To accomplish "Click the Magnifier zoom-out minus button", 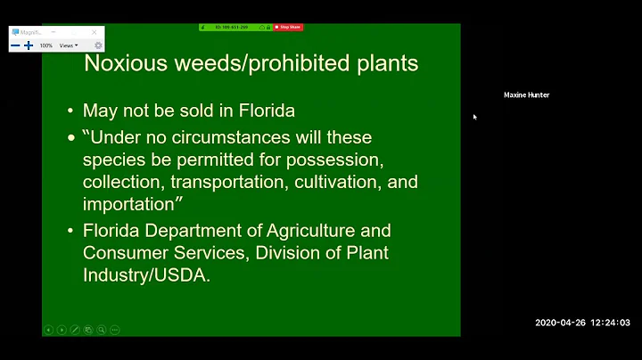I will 16,45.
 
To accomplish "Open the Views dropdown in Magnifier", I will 69,45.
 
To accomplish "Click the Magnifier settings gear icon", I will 98,45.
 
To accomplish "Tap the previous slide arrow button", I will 49,330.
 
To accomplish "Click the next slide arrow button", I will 62,330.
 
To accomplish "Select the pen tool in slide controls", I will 75,330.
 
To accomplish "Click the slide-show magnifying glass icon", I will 102,330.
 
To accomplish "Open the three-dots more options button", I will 115,330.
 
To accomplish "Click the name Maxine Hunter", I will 526,95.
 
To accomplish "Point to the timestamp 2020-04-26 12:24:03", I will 582,323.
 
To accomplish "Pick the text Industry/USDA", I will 144,275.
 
